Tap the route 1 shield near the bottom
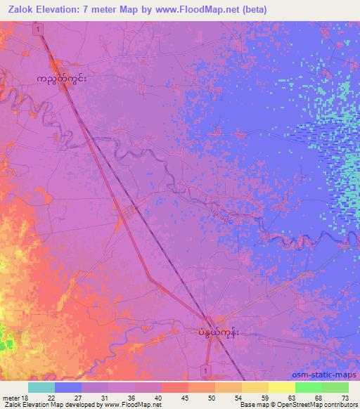pyautogui.click(x=203, y=369)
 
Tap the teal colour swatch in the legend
pyautogui.click(x=41, y=387)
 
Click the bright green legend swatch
pyautogui.click(x=308, y=387)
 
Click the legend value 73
pyautogui.click(x=345, y=398)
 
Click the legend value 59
pyautogui.click(x=264, y=398)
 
